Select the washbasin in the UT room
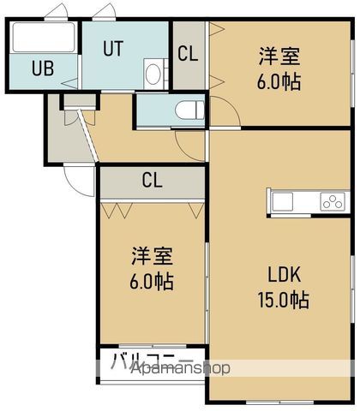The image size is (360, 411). [153, 72]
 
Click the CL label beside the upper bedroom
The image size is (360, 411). [189, 52]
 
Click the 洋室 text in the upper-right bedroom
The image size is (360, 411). [280, 57]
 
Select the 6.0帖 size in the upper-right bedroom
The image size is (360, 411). [280, 84]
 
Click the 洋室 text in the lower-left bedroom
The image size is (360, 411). [153, 255]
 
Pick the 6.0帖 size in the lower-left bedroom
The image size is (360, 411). [153, 281]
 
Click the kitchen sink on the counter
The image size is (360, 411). [283, 202]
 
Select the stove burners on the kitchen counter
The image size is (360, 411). [332, 202]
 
